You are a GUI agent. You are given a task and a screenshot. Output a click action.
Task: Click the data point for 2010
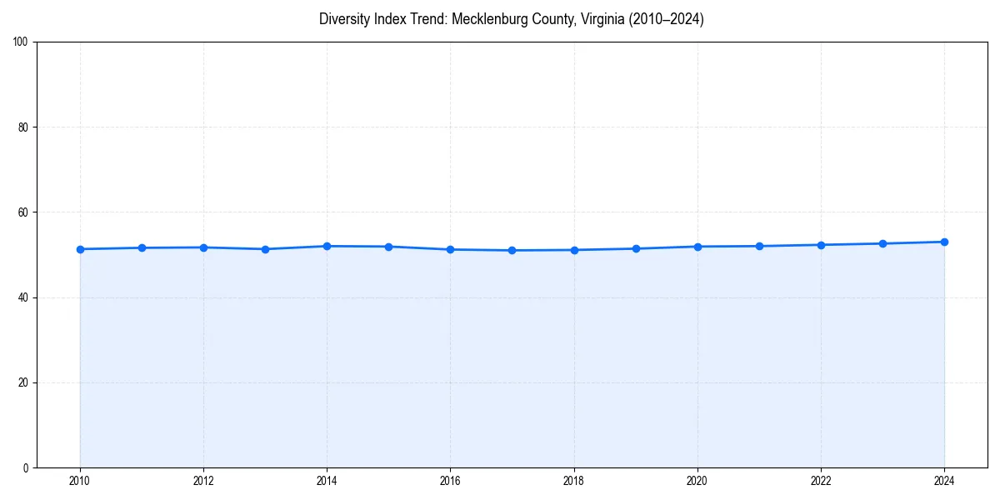(x=80, y=249)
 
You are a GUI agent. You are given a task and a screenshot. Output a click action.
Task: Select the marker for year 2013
(x=265, y=249)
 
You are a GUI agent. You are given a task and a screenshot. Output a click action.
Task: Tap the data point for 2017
(x=512, y=250)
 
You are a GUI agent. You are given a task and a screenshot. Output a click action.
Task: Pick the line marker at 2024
(x=944, y=242)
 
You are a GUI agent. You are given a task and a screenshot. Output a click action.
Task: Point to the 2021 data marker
(x=759, y=246)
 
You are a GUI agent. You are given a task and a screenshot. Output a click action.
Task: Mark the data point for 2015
(x=388, y=247)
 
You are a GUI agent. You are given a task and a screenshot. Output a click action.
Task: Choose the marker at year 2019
(x=636, y=248)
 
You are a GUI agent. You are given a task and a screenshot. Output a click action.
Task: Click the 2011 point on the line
(x=142, y=247)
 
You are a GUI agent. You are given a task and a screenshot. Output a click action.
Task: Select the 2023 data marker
(x=882, y=243)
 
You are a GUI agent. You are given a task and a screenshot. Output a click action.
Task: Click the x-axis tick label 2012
(x=203, y=480)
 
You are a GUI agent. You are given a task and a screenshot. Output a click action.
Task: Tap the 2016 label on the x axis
(x=450, y=480)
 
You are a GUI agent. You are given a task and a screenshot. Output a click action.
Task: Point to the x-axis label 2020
(x=697, y=480)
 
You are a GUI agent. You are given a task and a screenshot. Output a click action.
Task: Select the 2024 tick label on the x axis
(x=944, y=480)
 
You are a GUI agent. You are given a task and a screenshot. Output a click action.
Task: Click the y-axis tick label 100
(x=21, y=42)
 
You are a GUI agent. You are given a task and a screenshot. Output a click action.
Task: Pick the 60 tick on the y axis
(x=23, y=212)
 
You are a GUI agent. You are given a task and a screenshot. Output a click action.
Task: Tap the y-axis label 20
(x=23, y=382)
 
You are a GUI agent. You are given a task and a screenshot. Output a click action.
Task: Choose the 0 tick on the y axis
(x=26, y=467)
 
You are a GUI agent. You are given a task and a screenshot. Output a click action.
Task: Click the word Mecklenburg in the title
(x=486, y=19)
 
